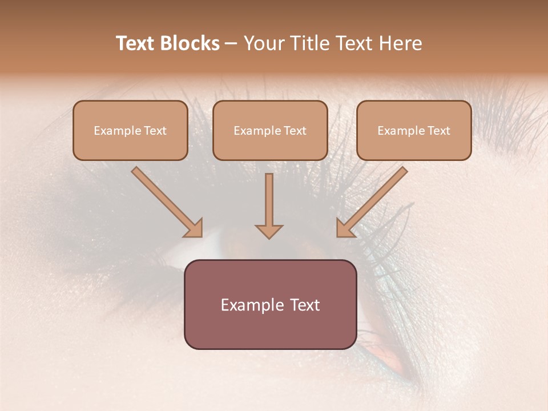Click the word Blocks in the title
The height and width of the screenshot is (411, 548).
(191, 43)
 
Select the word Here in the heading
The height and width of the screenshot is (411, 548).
(401, 43)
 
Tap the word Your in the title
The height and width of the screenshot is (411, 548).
(265, 43)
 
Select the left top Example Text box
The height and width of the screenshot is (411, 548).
(130, 131)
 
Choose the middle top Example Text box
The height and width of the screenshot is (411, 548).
(270, 131)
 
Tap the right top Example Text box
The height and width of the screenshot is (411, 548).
(414, 131)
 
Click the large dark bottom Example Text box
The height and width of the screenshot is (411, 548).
(270, 305)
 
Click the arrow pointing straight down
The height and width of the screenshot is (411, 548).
(269, 205)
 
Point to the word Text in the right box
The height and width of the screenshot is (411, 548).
(439, 131)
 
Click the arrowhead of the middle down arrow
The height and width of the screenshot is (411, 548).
(269, 231)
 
